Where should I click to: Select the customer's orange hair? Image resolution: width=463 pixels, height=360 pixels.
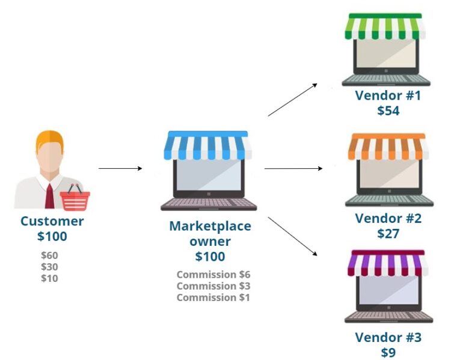50,139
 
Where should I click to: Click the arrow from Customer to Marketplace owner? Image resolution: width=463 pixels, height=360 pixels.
120,168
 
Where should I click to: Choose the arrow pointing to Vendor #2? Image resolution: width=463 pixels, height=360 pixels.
293,168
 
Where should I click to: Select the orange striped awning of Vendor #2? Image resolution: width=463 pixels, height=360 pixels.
387,147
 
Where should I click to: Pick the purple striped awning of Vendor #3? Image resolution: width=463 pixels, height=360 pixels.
388,263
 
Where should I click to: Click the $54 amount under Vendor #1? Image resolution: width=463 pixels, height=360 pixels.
388,111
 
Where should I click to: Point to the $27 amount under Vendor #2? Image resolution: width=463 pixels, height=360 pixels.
388,234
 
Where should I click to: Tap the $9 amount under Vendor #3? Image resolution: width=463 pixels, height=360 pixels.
388,352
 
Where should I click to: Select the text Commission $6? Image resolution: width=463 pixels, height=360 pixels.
213,275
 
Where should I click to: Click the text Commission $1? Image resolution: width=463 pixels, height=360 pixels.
213,297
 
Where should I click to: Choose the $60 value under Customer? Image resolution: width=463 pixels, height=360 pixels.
49,255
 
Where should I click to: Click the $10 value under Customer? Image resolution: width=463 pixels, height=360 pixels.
49,278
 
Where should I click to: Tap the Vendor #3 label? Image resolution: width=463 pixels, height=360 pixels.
388,337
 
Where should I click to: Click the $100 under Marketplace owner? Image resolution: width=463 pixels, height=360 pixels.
210,257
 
